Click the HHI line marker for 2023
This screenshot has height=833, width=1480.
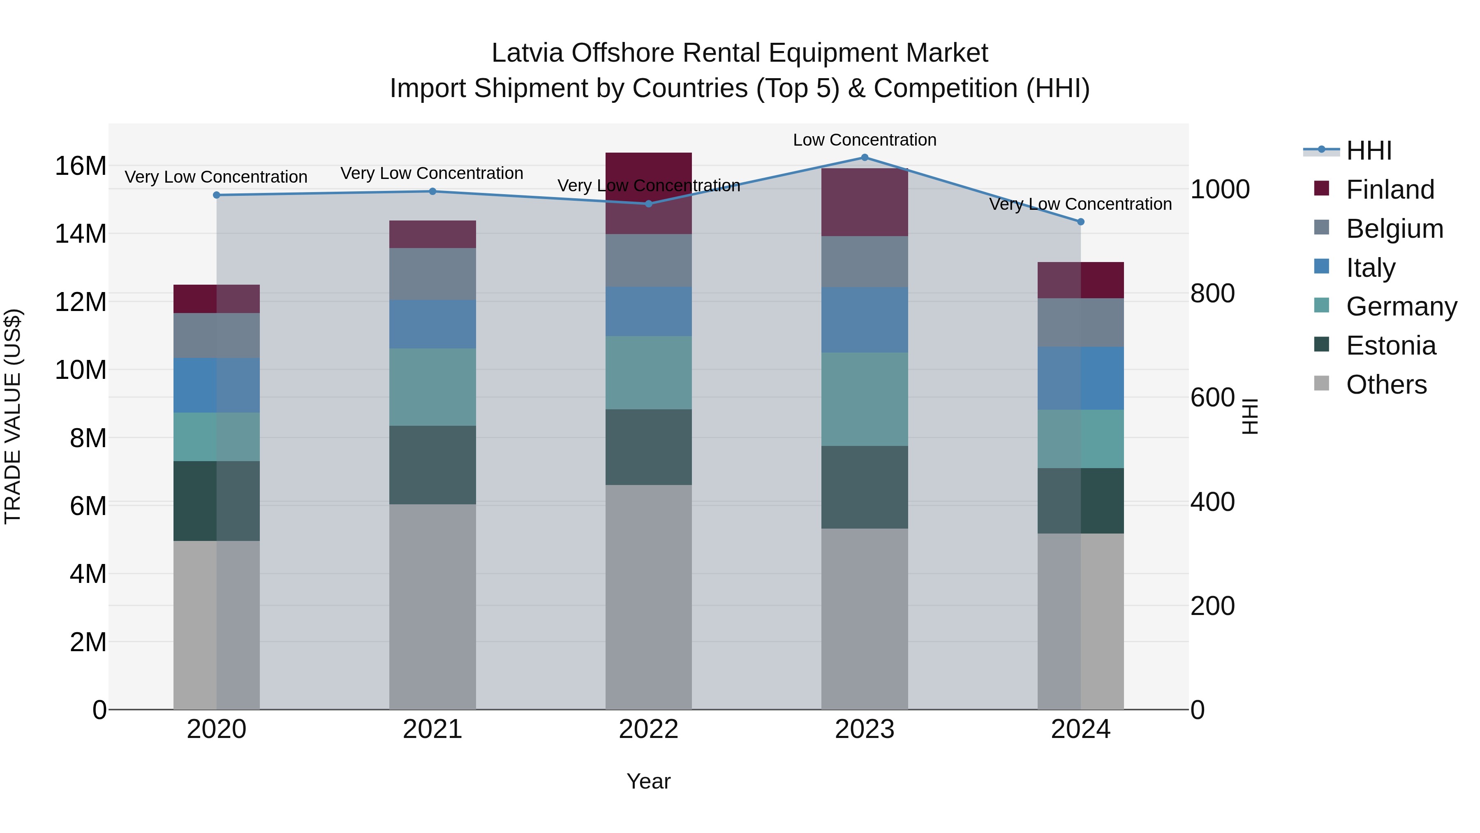tap(864, 158)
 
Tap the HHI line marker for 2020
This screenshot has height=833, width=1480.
tap(217, 195)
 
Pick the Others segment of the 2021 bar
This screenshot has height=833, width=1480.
tap(432, 606)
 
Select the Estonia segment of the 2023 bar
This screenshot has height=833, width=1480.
tap(864, 487)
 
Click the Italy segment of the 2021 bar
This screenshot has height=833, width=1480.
tap(432, 324)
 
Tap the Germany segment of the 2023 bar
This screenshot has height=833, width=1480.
tap(864, 399)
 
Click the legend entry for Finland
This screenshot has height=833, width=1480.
tap(1389, 190)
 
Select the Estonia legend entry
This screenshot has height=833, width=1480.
tap(1390, 346)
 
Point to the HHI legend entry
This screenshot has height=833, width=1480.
tap(1368, 151)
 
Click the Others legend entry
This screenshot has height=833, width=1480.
tap(1386, 385)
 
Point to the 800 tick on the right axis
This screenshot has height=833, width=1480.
tap(1212, 293)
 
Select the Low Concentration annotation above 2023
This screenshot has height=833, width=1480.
tap(864, 140)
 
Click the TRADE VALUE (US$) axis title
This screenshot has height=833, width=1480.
tap(13, 416)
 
